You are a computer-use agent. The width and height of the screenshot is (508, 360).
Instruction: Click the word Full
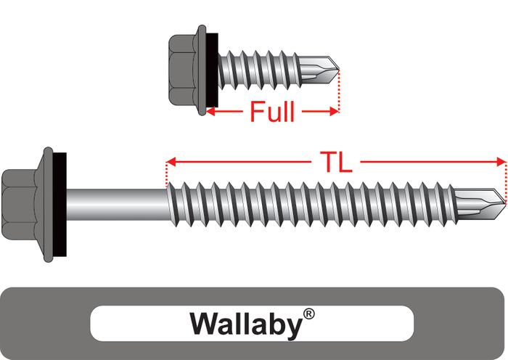[272, 112]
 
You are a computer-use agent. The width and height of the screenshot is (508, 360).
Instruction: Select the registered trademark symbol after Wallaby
[309, 314]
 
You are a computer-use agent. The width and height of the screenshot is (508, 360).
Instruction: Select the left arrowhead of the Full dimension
[210, 112]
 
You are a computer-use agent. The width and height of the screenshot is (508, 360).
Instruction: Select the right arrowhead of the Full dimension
[335, 112]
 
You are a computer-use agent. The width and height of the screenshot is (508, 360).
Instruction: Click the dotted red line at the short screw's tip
[338, 91]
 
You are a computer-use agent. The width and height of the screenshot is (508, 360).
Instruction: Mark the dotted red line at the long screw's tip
[504, 178]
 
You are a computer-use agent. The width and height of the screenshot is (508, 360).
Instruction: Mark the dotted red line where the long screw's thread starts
[167, 174]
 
